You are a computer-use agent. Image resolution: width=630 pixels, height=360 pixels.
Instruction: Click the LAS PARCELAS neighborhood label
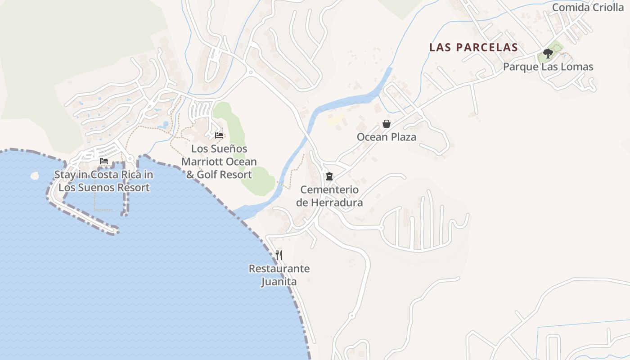point(473,47)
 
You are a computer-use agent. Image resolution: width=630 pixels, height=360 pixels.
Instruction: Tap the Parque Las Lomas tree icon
point(548,54)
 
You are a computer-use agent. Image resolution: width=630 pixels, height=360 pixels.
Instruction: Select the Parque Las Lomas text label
point(548,67)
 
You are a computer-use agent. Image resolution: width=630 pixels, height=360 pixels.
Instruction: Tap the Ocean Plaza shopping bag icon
point(386,124)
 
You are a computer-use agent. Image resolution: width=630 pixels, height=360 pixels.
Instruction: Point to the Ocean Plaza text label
point(386,137)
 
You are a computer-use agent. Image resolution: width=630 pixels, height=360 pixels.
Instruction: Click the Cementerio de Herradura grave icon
point(329,176)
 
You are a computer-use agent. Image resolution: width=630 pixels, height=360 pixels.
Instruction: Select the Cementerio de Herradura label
point(329,196)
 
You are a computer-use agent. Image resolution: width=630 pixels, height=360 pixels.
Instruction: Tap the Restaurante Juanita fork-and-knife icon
point(279,255)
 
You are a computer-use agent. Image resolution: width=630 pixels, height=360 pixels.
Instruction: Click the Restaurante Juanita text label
point(279,275)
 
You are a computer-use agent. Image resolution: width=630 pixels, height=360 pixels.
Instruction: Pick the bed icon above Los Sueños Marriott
point(219,135)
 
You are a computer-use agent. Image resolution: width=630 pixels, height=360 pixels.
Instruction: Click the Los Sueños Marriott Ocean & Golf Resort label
point(219,162)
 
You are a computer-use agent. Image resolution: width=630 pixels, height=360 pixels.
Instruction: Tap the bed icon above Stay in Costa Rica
point(104,161)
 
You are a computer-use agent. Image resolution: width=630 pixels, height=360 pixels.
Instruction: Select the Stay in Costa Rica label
point(104,181)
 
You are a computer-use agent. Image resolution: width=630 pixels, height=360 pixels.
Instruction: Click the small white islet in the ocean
point(35,175)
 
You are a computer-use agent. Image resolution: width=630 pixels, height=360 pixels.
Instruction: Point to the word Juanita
point(279,282)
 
